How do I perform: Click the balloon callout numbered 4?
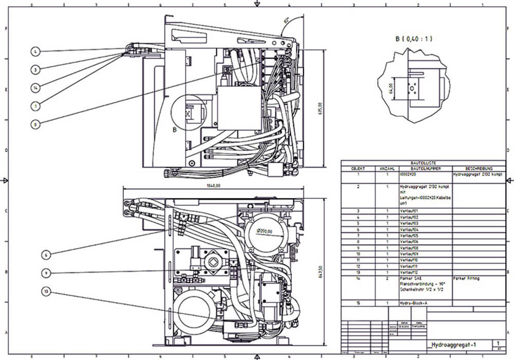(x=34, y=51)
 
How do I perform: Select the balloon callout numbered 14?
(x=34, y=87)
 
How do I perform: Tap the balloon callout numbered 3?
(x=34, y=69)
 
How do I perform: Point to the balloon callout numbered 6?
(x=46, y=254)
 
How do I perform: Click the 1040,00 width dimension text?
(x=213, y=186)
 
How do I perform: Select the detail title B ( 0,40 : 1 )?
(x=414, y=39)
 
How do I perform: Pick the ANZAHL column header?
(x=387, y=168)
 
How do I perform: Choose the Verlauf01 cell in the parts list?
(x=409, y=211)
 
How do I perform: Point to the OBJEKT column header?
(x=358, y=168)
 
